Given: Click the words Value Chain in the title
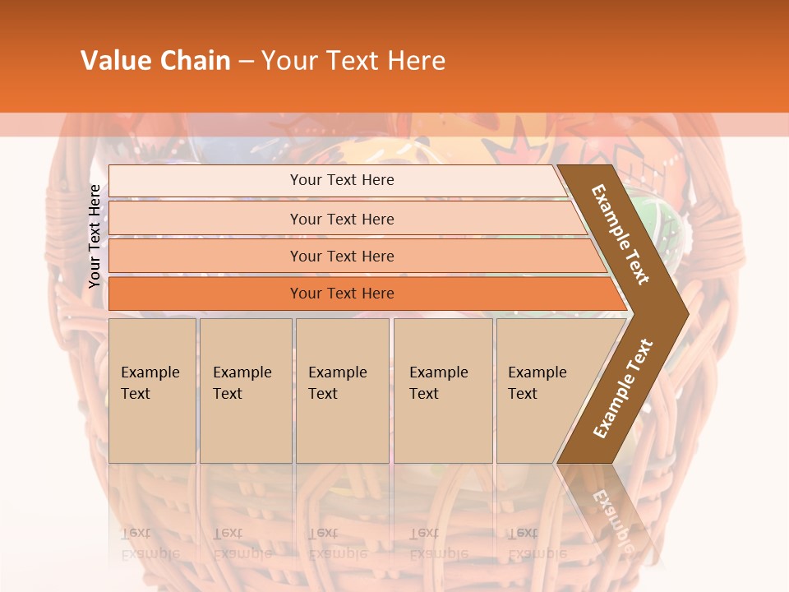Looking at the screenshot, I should pos(155,61).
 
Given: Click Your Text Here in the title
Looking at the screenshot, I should pos(353,61).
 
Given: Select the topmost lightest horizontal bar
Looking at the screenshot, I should pos(337,180).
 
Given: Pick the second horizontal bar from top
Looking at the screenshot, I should pos(341,219).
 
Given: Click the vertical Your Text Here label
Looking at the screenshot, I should pos(95,236).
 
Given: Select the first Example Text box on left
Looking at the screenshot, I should pos(152,391).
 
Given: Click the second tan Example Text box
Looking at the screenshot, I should pos(245,391).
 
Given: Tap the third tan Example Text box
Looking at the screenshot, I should pos(341,391).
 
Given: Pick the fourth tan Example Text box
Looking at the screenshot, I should pos(442,391).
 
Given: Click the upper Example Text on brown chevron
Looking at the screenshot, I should pos(621,234).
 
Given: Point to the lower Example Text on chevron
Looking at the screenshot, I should pos(623,388).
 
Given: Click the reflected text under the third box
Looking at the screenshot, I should pos(337,543).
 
